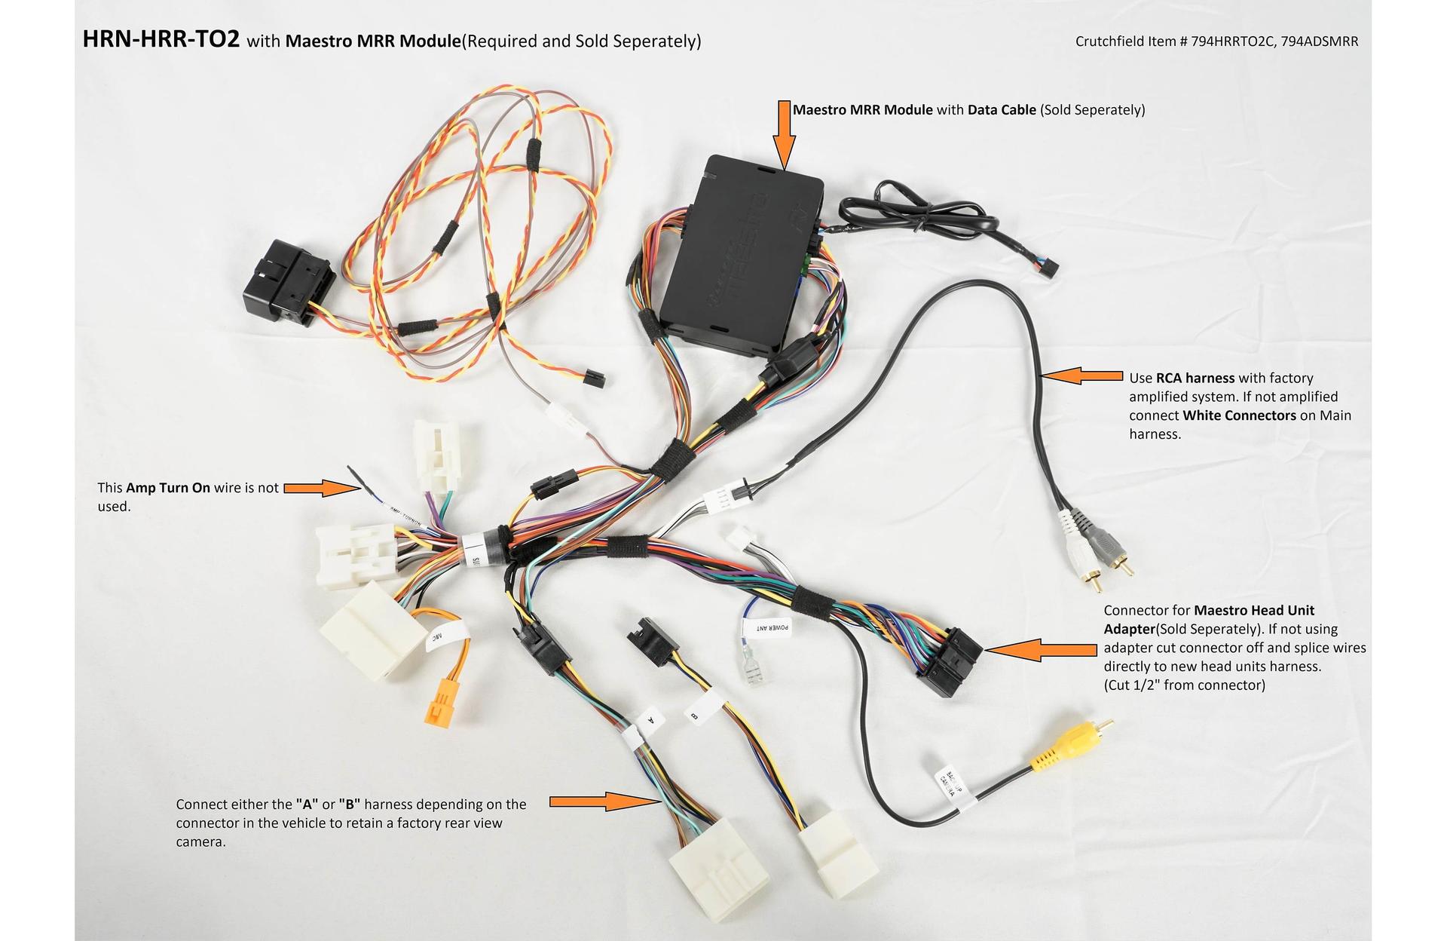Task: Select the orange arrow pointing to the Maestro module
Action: (x=785, y=136)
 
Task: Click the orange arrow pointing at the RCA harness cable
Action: (x=1081, y=375)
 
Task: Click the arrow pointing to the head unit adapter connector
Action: (x=1040, y=649)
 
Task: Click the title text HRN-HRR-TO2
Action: (x=161, y=39)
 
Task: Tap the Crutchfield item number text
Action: (x=1216, y=41)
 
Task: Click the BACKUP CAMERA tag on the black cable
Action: (x=949, y=784)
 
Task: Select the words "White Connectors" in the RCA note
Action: (x=1239, y=415)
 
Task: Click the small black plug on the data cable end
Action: (x=1049, y=268)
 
